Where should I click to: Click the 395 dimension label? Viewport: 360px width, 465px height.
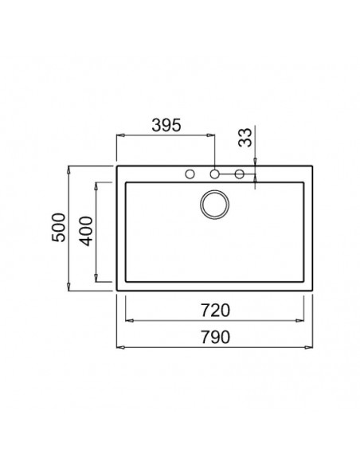point(166,125)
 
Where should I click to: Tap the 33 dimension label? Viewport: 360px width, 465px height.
point(245,138)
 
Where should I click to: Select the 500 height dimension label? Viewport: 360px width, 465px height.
point(58,228)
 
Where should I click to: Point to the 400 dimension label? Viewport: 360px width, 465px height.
point(87,232)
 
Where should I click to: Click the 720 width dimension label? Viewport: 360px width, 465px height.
point(215,311)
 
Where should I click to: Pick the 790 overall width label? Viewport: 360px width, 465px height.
point(215,337)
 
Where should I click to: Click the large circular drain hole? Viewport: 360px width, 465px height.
point(214,205)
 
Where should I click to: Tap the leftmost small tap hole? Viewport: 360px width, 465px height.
point(190,174)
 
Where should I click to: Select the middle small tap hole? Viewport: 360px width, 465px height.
point(215,174)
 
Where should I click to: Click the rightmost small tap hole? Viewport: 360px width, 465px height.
point(239,174)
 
